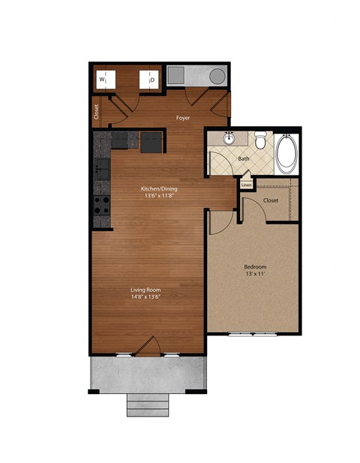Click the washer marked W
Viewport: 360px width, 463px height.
pos(103,79)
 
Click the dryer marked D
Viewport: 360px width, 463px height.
pos(148,79)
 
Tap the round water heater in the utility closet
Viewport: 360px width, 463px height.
pos(217,77)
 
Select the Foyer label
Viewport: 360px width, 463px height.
pos(182,118)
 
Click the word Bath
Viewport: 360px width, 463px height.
pos(244,158)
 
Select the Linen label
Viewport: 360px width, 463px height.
pos(246,185)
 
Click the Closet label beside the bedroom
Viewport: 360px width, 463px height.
pos(271,200)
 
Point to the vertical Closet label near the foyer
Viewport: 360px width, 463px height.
pos(97,112)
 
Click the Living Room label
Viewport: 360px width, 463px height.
pos(146,289)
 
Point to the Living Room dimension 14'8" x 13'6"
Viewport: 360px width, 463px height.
pos(146,297)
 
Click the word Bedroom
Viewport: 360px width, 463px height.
pos(255,267)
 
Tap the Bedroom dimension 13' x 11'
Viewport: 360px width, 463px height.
pos(255,275)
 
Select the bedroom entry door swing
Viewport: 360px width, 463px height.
pos(219,223)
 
